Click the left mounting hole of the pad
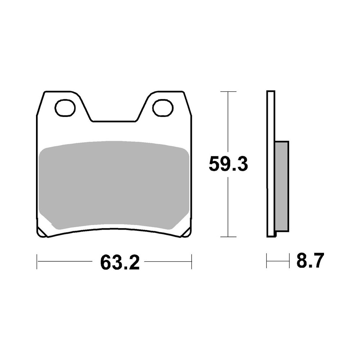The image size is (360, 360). [65, 108]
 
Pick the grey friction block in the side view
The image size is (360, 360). [282, 186]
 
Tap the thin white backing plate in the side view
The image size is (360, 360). [270, 164]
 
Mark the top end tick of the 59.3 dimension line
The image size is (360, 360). [228, 92]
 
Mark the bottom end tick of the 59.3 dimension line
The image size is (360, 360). [228, 237]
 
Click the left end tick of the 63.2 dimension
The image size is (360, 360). [37, 261]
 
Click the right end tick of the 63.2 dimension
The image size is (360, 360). [192, 261]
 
